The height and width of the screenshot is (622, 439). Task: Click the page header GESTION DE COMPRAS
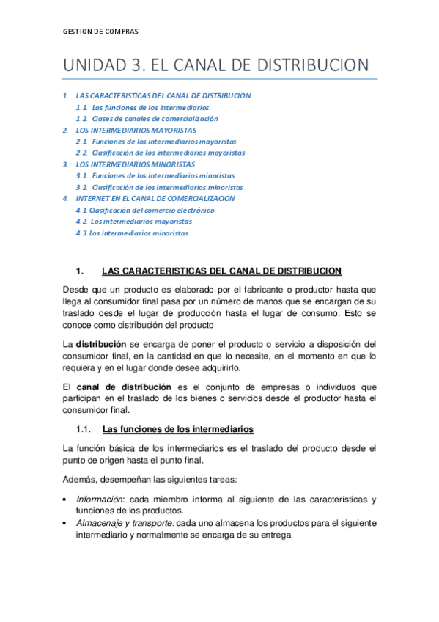pyautogui.click(x=100, y=32)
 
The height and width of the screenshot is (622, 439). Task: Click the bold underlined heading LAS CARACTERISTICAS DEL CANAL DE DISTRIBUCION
pyautogui.click(x=221, y=271)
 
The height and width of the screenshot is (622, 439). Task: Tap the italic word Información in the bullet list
pyautogui.click(x=99, y=500)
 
